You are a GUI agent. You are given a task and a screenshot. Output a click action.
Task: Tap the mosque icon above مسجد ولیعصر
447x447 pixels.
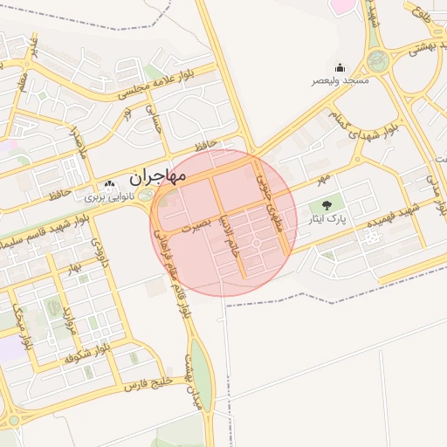click(x=340, y=68)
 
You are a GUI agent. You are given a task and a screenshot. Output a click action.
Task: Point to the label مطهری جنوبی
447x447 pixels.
click(x=273, y=200)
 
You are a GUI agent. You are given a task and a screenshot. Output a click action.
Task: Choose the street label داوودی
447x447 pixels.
click(x=103, y=253)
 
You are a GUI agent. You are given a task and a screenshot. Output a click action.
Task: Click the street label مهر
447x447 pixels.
click(x=325, y=179)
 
